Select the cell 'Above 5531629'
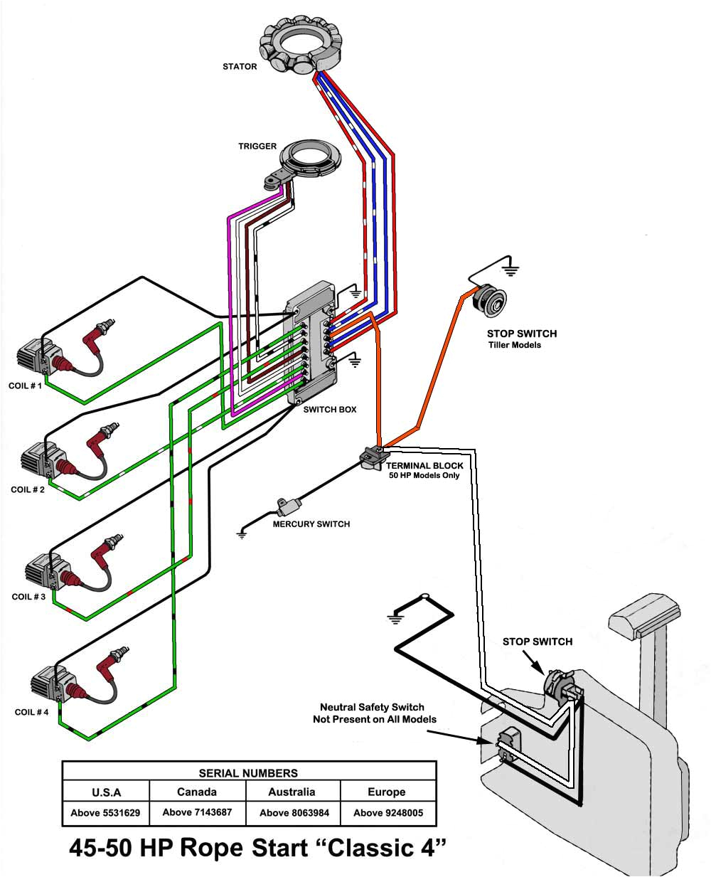pyautogui.click(x=105, y=812)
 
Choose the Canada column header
pyautogui.click(x=197, y=792)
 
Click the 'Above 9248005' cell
pyautogui.click(x=387, y=812)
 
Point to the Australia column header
pyautogui.click(x=292, y=792)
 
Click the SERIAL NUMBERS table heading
pyautogui.click(x=248, y=772)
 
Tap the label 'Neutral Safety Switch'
pyautogui.click(x=372, y=707)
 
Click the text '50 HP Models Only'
pyautogui.click(x=424, y=475)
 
